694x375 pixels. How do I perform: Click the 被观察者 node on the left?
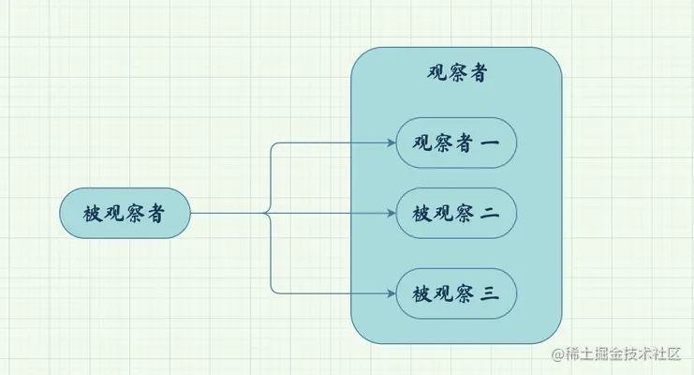tap(126, 214)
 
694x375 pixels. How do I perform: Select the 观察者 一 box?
tap(456, 143)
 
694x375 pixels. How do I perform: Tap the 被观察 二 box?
tap(456, 214)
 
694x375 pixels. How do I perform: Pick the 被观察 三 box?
tap(456, 293)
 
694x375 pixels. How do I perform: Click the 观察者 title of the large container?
tap(456, 74)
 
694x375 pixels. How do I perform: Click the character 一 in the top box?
tap(490, 143)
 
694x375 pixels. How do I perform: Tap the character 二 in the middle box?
tap(490, 214)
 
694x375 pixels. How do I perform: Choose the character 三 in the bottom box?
tap(490, 294)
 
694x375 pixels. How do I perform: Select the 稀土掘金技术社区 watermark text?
tap(626, 355)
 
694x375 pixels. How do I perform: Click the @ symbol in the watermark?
tap(559, 355)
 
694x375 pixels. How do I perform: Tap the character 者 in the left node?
tap(157, 214)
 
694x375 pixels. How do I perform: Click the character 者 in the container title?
tap(478, 74)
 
